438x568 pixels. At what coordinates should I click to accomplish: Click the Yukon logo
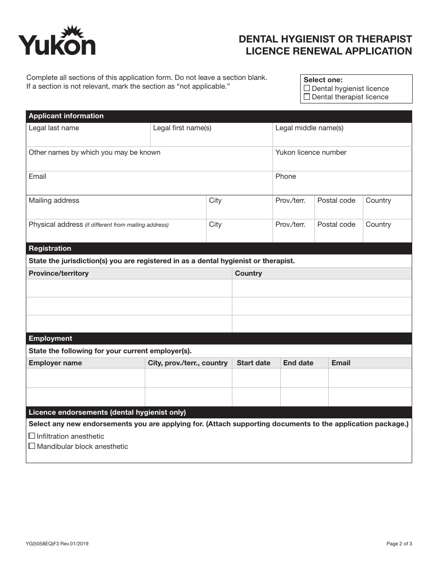coord(57,42)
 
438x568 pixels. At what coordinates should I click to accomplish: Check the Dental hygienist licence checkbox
coord(307,88)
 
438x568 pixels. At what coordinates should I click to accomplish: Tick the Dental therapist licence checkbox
coord(307,97)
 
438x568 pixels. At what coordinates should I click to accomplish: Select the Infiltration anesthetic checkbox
coord(32,436)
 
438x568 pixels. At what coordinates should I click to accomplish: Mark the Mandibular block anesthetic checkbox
coord(32,446)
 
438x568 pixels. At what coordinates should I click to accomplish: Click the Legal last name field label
coord(54,128)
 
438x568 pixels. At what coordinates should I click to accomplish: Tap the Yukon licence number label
coord(311,152)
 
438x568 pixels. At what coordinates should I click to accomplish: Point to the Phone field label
coord(285,176)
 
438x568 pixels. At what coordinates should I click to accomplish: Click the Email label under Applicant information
coord(37,176)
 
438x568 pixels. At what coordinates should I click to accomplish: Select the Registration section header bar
coord(219,248)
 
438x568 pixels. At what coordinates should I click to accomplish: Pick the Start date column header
coord(254,363)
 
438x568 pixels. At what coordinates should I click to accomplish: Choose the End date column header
coord(298,363)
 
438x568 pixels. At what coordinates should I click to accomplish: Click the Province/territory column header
coord(59,273)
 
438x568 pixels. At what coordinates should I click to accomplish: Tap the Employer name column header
coord(55,363)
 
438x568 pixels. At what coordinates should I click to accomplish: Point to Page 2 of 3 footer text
coord(399,544)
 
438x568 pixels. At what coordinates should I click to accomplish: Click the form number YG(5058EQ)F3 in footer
coord(57,544)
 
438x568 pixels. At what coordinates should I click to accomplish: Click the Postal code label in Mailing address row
coord(336,200)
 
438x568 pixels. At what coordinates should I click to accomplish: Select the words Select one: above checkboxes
coord(323,80)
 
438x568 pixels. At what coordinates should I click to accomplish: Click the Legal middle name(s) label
coord(309,128)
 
